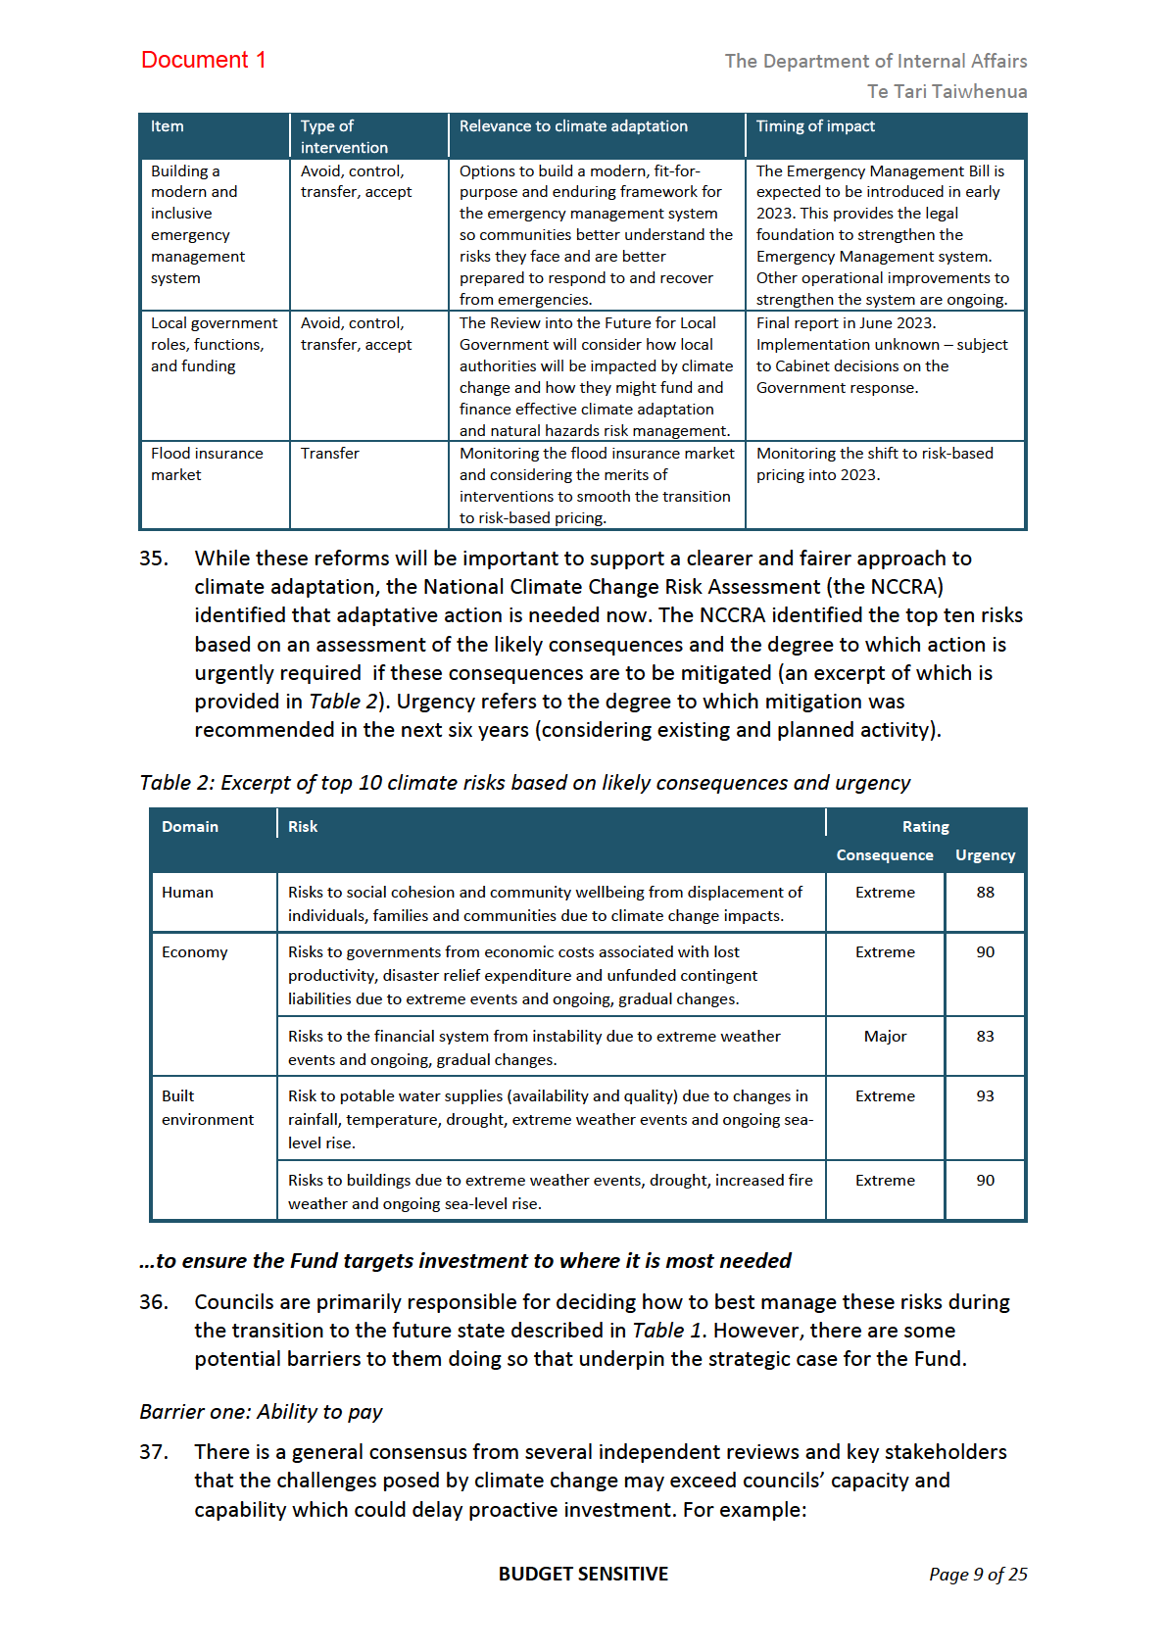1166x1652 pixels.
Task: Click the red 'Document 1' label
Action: [x=203, y=60]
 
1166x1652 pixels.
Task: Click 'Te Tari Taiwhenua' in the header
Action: [x=947, y=91]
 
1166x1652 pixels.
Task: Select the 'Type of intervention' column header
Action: [x=344, y=136]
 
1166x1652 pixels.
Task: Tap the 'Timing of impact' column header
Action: [x=815, y=126]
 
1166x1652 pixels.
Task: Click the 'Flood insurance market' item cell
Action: [x=207, y=464]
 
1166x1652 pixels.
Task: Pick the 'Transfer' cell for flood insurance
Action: [x=330, y=454]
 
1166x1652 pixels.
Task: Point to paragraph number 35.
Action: [x=154, y=559]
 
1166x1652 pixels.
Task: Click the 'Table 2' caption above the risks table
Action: [x=524, y=783]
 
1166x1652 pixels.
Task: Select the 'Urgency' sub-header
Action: [x=985, y=855]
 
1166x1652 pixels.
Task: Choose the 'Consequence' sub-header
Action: [x=885, y=855]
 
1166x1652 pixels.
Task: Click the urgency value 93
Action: [x=985, y=1096]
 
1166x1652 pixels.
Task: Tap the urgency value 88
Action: [x=985, y=893]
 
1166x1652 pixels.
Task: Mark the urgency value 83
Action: [x=985, y=1037]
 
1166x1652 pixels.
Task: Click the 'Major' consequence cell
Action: [x=885, y=1037]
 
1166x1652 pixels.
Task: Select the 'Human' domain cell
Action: [x=187, y=893]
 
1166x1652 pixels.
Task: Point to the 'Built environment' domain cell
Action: [x=207, y=1108]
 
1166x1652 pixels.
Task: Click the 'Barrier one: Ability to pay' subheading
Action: [x=261, y=1412]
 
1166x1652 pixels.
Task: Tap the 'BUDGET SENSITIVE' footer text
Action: [x=583, y=1575]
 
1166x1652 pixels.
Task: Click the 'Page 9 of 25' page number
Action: [x=978, y=1575]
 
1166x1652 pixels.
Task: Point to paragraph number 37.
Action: [x=154, y=1452]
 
